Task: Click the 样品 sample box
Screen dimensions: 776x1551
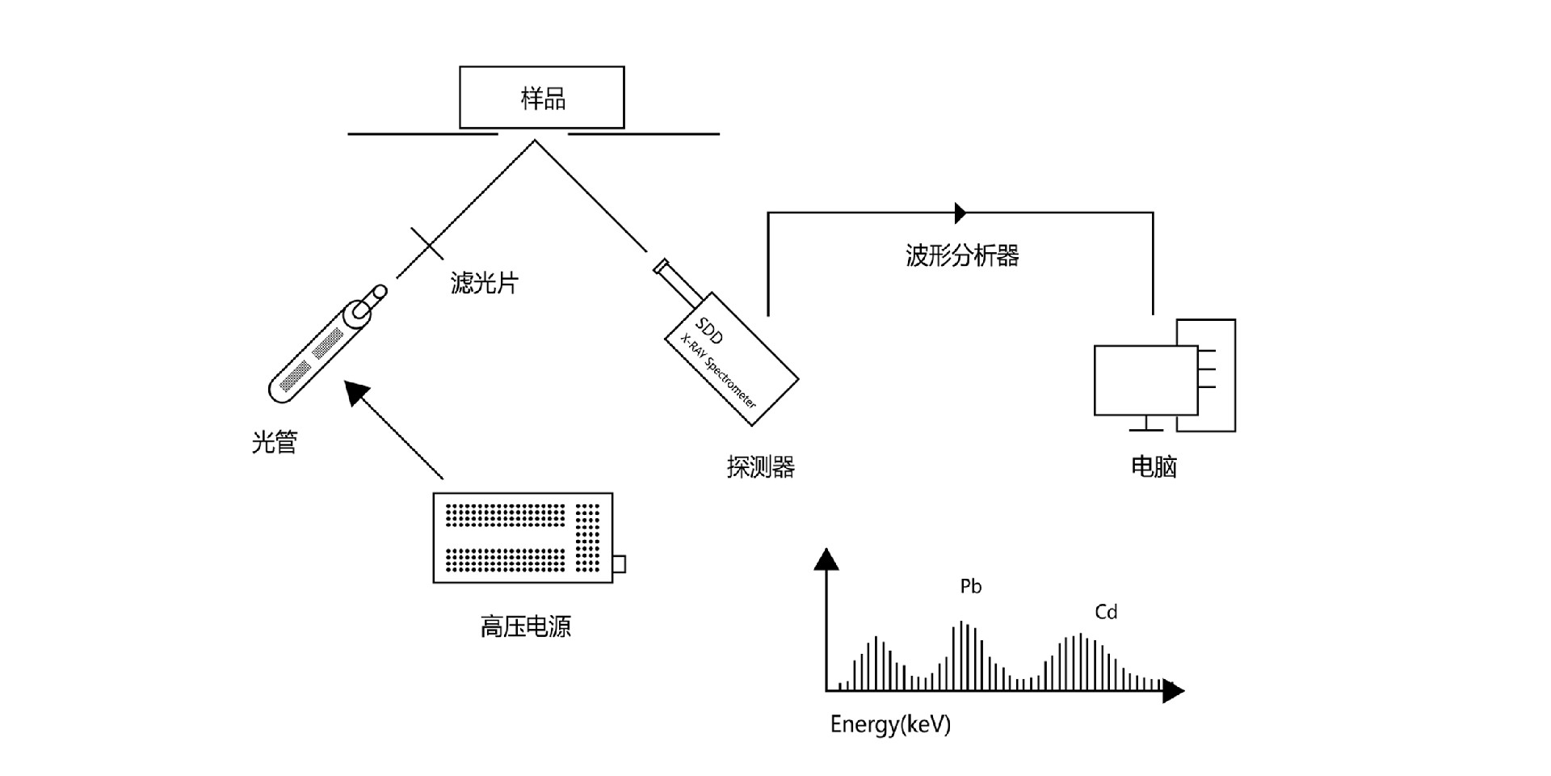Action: coord(542,97)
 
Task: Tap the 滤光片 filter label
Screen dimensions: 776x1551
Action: coord(484,283)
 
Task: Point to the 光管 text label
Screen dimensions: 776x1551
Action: coord(275,442)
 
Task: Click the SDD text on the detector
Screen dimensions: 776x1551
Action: coord(708,331)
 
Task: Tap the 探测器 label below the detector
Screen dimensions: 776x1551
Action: coord(760,466)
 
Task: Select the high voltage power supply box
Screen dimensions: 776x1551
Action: coord(523,538)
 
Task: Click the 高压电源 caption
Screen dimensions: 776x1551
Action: coord(525,626)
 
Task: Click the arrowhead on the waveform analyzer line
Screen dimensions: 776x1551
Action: coord(960,213)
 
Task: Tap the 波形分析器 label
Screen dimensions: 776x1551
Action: coord(961,255)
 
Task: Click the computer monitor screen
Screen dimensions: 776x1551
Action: coord(1145,380)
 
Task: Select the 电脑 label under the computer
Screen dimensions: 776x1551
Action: coord(1154,466)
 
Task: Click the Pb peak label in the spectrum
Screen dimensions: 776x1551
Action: coord(970,586)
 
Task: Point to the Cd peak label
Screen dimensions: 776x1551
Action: coord(1106,612)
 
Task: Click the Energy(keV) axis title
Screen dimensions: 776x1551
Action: coord(890,723)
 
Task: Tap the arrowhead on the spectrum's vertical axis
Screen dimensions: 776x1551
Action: coord(826,559)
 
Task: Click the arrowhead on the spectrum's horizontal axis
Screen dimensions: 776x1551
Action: coord(1173,690)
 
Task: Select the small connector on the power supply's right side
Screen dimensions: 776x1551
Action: coord(619,563)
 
